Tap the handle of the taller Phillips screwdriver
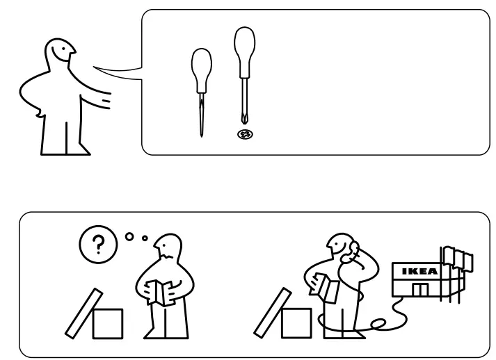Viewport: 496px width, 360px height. coord(243,47)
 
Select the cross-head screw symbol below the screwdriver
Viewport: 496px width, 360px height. coord(243,134)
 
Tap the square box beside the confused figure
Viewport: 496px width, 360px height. coord(108,323)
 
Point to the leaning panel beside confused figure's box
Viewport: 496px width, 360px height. coord(80,316)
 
